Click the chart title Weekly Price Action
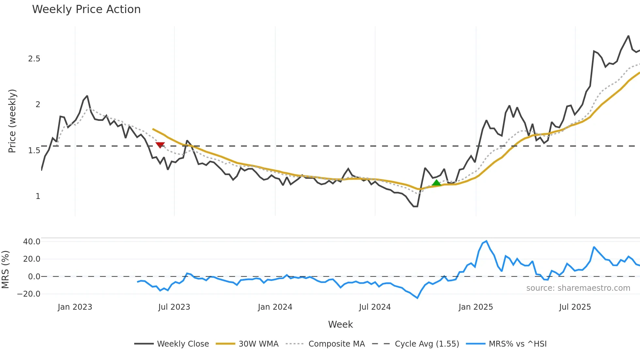86,9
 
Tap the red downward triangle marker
160,145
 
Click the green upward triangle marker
436,183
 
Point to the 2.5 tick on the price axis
34,59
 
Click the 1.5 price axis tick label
34,151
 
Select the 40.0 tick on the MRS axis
32,242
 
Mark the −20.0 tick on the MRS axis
29,294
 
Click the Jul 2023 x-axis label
174,307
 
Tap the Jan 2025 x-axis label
475,307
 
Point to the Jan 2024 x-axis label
275,307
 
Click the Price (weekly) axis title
12,121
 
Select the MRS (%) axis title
5,270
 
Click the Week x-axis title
340,324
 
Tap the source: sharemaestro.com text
578,288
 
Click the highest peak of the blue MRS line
487,241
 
